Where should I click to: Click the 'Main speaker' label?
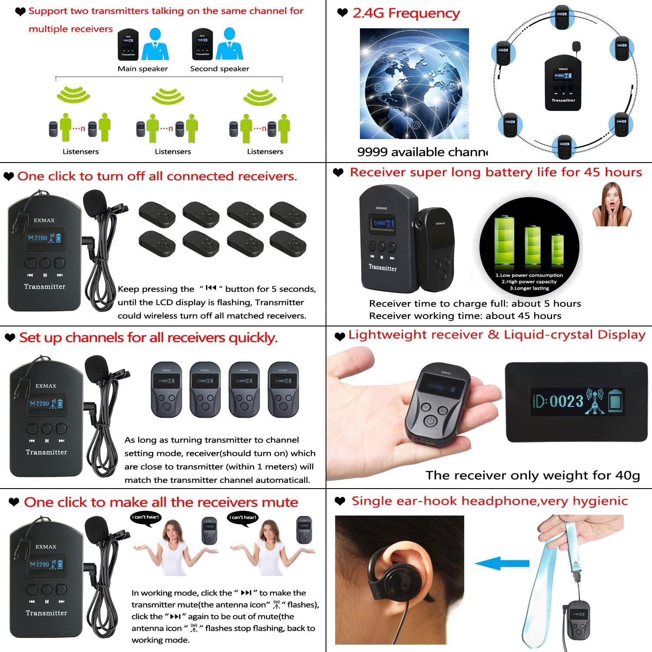tap(143, 69)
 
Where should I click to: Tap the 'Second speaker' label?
tap(220, 69)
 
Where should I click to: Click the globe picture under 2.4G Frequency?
tap(414, 83)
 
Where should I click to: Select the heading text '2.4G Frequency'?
tap(406, 13)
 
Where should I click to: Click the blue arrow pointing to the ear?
tap(502, 564)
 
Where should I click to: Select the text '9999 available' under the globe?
tap(394, 152)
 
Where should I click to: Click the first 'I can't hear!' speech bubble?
tap(146, 517)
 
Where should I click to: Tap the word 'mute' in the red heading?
tap(280, 502)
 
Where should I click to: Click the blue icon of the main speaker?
tap(155, 44)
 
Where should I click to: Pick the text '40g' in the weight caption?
tap(628, 475)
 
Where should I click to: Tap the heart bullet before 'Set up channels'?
tap(10, 338)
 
